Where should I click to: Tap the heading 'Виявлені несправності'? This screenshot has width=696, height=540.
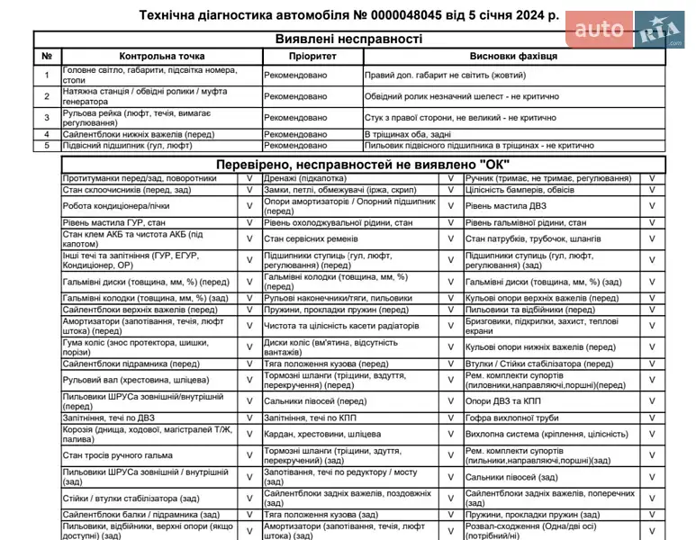348,39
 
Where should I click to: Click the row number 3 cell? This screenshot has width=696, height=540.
47,117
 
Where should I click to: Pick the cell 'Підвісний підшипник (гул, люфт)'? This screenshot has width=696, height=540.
128,145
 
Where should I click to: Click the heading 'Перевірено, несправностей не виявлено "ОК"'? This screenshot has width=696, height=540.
363,164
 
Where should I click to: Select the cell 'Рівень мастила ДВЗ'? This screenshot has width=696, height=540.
506,205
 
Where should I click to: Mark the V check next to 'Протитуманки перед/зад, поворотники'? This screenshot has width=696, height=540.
250,178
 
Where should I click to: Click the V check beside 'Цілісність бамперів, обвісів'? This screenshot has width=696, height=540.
652,189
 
